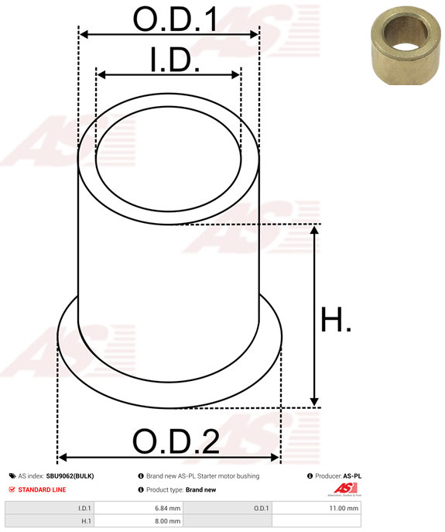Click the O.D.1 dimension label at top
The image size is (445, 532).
(x=174, y=19)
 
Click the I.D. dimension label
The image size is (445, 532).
(x=174, y=61)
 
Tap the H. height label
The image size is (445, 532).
(x=336, y=320)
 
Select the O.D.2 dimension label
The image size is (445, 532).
(x=176, y=441)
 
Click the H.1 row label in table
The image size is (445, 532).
(x=86, y=522)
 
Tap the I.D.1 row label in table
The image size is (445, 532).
(x=84, y=508)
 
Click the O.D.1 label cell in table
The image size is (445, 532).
(x=261, y=508)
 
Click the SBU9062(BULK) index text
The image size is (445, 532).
(x=70, y=476)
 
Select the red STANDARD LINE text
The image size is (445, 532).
(x=42, y=489)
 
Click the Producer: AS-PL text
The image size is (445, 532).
(x=338, y=476)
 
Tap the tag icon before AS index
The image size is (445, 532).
(x=12, y=476)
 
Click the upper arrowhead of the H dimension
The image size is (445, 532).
(x=314, y=230)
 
